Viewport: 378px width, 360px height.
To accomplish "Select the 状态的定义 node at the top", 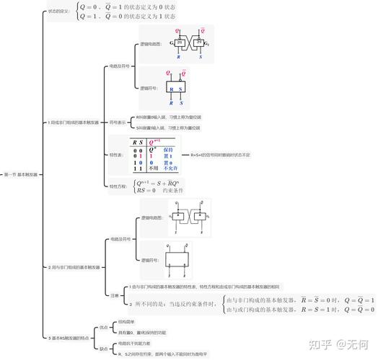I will (60, 12).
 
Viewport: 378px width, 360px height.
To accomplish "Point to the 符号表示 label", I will (117, 122).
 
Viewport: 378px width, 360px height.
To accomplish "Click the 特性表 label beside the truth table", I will (115, 154).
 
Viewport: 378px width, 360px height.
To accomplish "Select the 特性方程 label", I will (118, 186).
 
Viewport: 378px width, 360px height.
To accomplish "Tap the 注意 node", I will (114, 295).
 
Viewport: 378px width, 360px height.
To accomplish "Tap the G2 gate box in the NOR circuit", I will (195, 43).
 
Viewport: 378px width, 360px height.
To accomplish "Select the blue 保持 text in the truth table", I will (169, 150).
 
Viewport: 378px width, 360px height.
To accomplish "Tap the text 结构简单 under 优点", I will (126, 321).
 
